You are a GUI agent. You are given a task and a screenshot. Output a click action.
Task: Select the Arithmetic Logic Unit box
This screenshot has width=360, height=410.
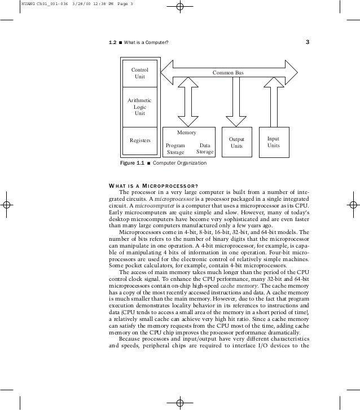pos(139,107)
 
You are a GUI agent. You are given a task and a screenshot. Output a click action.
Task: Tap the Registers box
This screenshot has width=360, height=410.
pos(139,140)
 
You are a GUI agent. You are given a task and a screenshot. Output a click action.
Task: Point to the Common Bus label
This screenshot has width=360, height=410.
pos(228,73)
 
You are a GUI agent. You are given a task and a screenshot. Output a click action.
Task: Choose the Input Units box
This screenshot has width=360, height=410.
pos(273,142)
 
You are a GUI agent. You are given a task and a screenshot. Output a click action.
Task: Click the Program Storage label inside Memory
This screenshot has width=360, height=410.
pos(175,148)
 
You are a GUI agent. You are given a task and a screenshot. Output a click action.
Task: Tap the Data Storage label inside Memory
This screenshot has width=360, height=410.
pos(204,148)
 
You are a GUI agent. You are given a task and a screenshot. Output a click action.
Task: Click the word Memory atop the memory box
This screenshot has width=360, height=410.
pos(187,133)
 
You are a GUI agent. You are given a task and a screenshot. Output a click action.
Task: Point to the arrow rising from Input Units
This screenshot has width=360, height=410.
pos(273,103)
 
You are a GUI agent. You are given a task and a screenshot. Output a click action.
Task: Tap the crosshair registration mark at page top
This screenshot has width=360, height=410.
pos(180,7)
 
